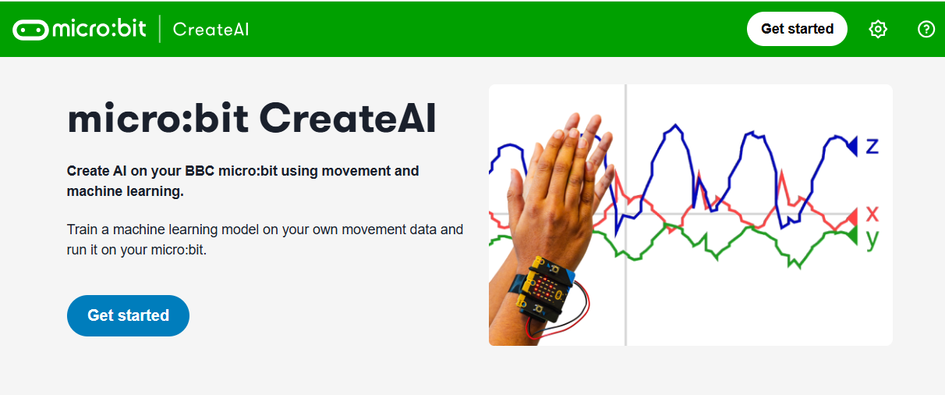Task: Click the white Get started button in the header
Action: (797, 29)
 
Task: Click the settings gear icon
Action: (878, 29)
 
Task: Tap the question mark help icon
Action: (926, 29)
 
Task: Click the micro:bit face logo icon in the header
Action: (30, 30)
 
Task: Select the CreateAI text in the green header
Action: (211, 30)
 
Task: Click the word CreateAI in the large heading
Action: (347, 119)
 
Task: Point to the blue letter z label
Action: (872, 146)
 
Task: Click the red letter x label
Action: (872, 214)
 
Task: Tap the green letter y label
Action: (872, 239)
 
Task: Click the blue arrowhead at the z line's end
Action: (852, 146)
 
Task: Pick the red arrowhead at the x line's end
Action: (852, 217)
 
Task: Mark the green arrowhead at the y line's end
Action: (852, 236)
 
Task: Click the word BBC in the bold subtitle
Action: (200, 171)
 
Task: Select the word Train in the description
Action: (83, 230)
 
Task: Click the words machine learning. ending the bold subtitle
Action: (126, 191)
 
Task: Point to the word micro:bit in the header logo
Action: (100, 29)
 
